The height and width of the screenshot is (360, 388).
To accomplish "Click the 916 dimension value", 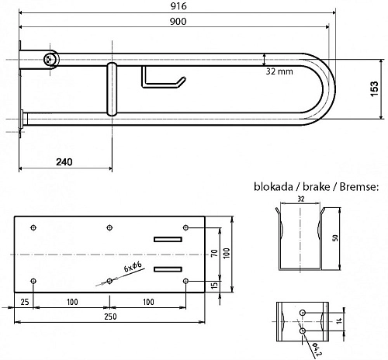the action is pos(178,6).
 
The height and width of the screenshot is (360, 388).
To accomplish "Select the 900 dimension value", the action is pos(178,22).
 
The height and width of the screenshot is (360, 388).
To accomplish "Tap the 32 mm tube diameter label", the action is pos(279,71).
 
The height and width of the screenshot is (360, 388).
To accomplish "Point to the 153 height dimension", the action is pos(374,89).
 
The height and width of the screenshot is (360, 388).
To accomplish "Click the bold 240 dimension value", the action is pos(64,162).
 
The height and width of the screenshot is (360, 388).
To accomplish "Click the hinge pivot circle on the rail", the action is pos(51,60).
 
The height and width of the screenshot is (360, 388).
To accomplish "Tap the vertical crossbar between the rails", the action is pos(112,88).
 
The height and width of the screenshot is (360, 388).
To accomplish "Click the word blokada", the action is pos(273,187).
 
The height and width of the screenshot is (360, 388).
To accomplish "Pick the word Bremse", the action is pos(359,187).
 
